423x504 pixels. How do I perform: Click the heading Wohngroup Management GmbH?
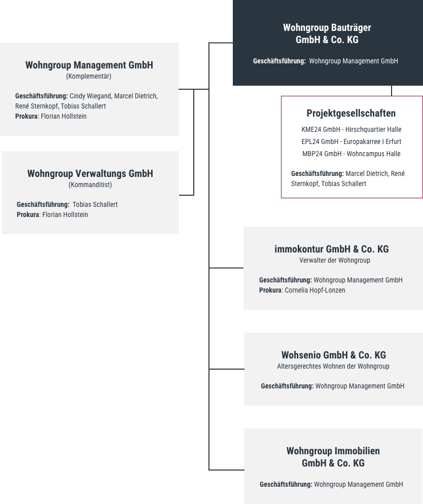pos(89,65)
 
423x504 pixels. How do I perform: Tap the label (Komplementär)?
pos(89,76)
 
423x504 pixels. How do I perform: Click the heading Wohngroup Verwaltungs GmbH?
pos(90,173)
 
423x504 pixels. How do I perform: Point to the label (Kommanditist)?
pos(90,185)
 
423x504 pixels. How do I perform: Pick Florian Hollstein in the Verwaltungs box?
pos(65,214)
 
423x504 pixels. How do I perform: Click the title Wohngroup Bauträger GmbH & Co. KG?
pos(327,33)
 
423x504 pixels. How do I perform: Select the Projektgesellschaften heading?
pos(351,113)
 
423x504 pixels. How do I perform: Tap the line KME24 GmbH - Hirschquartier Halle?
pos(351,129)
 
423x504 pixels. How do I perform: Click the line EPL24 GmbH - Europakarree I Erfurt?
pos(351,141)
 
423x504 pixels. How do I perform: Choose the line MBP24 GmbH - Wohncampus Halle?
pos(351,154)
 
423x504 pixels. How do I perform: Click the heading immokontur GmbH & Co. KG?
pos(331,249)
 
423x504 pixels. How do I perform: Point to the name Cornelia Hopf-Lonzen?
pos(315,290)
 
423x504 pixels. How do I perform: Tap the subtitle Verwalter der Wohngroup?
pos(335,260)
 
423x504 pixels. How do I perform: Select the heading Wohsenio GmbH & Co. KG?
pos(334,355)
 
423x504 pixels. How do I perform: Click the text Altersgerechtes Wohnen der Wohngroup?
pos(333,366)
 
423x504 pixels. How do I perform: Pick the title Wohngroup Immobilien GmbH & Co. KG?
pos(333,457)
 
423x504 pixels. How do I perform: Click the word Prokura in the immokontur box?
pos(270,290)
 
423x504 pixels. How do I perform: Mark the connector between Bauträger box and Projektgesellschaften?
pos(392,91)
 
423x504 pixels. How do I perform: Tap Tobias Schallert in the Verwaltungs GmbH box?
pos(95,204)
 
